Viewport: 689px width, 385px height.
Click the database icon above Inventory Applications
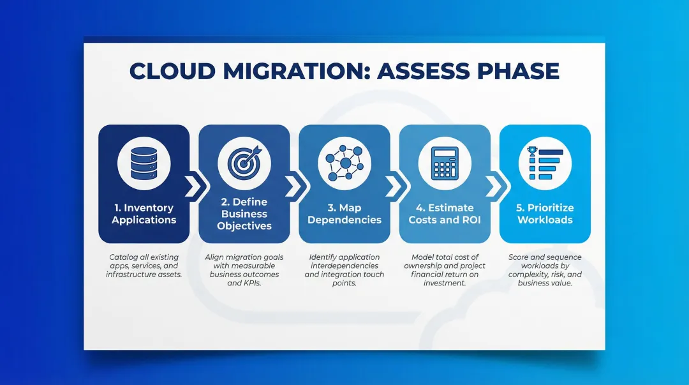(x=144, y=162)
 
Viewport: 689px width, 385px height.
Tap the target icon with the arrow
(x=244, y=162)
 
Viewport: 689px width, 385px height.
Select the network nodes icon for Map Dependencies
(x=344, y=162)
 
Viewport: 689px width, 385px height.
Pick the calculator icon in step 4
(x=445, y=162)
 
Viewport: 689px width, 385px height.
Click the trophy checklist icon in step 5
(x=545, y=162)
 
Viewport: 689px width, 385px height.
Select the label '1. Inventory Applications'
(x=144, y=214)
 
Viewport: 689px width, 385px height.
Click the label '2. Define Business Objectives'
(x=244, y=214)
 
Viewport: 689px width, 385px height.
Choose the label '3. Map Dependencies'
(x=344, y=214)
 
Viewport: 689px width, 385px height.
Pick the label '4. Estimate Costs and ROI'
(x=445, y=214)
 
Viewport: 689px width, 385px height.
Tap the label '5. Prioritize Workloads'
(x=545, y=214)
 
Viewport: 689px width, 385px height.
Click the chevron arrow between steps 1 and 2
(x=192, y=186)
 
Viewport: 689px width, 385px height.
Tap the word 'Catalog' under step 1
(x=123, y=257)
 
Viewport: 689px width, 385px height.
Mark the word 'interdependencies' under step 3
(x=344, y=266)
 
